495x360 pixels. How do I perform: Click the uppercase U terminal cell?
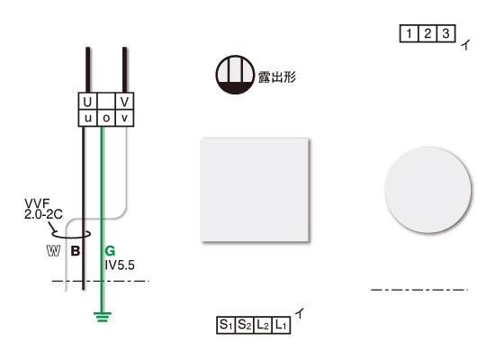88,102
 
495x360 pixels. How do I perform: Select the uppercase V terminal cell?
125,102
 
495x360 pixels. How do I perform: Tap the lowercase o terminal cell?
106,118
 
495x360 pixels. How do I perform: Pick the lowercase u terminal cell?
88,118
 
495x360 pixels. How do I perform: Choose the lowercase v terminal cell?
125,118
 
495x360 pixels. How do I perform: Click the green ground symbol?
103,317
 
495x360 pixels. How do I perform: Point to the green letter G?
110,251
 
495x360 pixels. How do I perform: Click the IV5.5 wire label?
120,265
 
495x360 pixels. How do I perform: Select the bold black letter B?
76,251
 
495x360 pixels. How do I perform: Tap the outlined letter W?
53,251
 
